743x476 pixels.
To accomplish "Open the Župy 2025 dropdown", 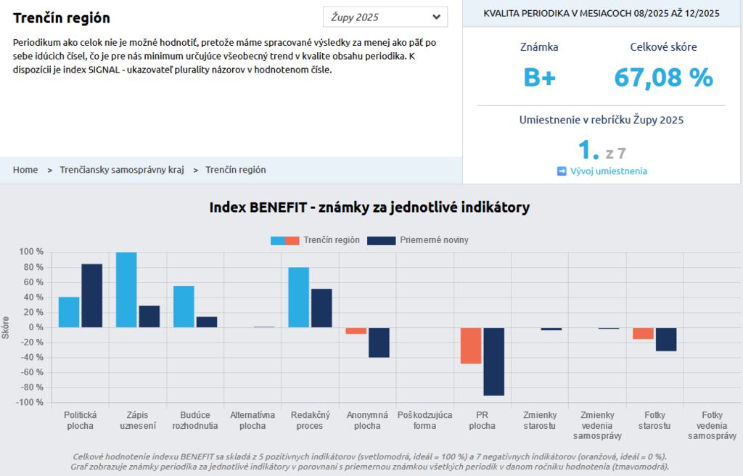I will pos(385,17).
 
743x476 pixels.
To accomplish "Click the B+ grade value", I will pos(539,78).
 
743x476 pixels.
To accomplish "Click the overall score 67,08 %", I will pos(663,78).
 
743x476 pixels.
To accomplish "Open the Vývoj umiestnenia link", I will pos(608,171).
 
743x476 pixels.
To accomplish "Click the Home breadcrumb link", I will pos(25,170).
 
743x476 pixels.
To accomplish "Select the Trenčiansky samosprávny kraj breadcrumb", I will pos(122,170).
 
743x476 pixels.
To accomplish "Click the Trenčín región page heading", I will pos(62,18).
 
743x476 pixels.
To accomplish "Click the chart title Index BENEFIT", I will pos(369,208).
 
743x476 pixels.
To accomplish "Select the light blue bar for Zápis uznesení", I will pos(126,290).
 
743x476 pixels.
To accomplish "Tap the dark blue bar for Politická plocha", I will pos(91,295).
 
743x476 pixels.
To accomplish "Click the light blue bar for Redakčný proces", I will pos(298,297).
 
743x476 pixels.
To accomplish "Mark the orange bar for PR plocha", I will pos(471,345).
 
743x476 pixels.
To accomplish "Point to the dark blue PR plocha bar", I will pos(494,361).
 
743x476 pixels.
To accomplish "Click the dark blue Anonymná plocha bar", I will pos(379,342).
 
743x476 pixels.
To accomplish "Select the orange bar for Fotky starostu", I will pos(643,333).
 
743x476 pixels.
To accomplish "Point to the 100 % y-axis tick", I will pos(31,252).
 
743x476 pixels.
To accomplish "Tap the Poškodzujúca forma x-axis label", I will pos(424,420).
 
